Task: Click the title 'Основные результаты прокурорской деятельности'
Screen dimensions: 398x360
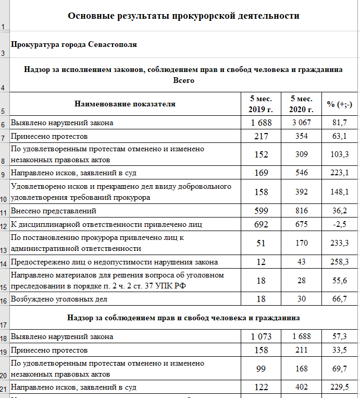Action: tap(183, 16)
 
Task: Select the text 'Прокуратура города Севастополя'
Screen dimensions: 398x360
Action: tap(73, 44)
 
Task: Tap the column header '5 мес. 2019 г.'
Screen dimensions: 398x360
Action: tap(260, 104)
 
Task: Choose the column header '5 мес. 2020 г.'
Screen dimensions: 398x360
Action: tap(302, 104)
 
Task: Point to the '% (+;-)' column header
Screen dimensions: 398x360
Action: tap(340, 104)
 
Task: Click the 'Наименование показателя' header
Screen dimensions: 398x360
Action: tap(125, 104)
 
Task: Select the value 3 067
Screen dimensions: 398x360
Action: tap(302, 123)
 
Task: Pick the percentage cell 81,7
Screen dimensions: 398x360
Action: tap(340, 123)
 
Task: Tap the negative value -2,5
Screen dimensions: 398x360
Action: tap(340, 224)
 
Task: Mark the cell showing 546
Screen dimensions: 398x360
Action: tap(302, 172)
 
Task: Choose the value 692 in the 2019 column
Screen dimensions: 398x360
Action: tap(260, 224)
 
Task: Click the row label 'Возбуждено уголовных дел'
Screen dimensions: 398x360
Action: tap(59, 299)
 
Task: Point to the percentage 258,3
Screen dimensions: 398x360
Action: tap(340, 262)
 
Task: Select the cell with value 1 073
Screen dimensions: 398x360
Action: tap(260, 336)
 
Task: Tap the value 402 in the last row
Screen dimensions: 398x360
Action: tap(302, 387)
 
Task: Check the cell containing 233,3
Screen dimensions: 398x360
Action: tap(340, 243)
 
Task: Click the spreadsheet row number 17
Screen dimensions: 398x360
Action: tap(5, 324)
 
